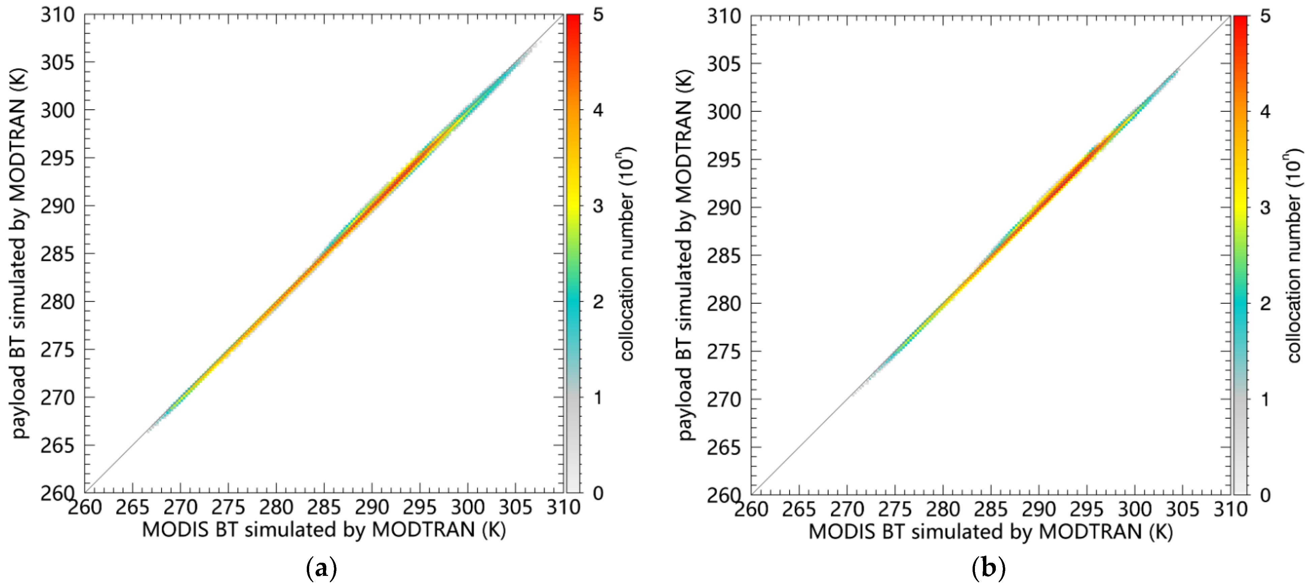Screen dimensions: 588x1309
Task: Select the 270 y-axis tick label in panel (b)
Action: (724, 400)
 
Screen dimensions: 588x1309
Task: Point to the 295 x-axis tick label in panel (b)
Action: (1087, 509)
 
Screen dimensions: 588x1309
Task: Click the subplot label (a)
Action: (322, 568)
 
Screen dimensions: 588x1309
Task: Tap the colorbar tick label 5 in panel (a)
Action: (598, 15)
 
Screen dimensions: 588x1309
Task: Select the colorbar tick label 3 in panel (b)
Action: (1265, 207)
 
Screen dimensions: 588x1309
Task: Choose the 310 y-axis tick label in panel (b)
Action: (724, 17)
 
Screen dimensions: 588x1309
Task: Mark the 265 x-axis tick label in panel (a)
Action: (132, 507)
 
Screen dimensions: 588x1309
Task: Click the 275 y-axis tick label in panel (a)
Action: (57, 350)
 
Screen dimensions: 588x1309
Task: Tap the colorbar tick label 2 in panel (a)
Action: (598, 301)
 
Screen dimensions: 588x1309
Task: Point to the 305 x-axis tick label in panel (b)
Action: (1183, 509)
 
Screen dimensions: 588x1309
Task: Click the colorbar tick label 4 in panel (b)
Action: (1265, 111)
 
